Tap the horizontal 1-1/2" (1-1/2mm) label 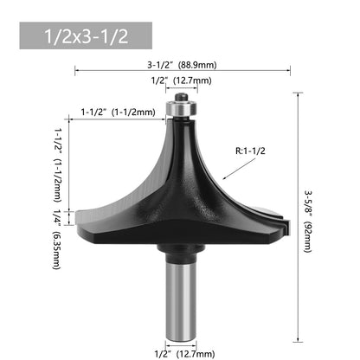(118, 112)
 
